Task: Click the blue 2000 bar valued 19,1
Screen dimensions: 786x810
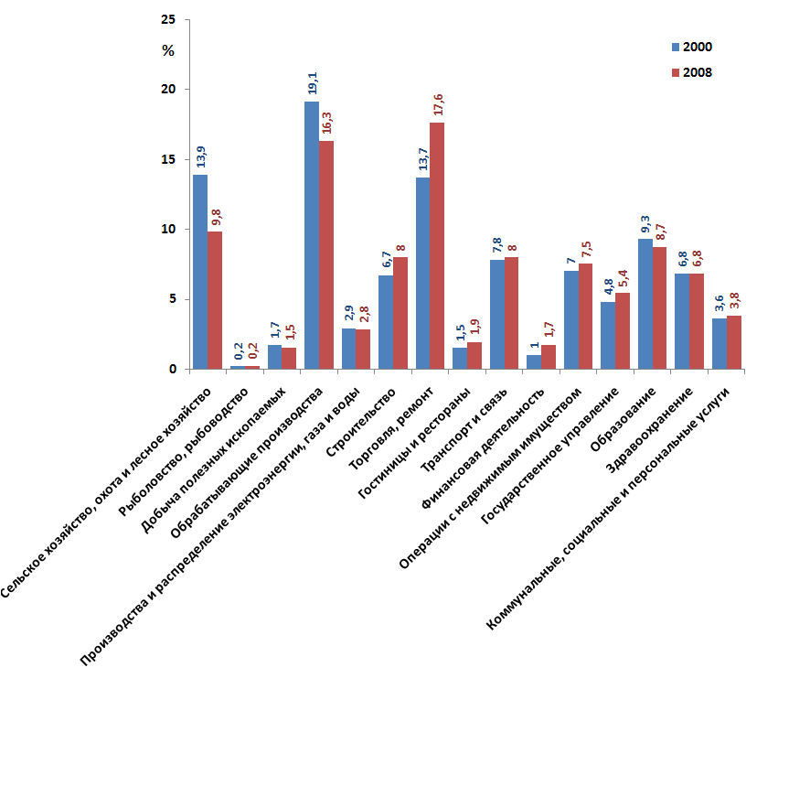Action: point(312,235)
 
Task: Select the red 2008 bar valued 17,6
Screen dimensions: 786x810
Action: point(437,246)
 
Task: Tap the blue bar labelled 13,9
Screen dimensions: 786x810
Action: point(200,272)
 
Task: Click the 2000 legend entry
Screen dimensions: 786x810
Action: point(691,47)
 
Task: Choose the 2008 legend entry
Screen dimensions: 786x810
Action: point(691,72)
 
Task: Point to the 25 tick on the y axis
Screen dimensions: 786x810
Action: point(168,19)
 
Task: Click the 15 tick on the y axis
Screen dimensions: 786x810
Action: point(168,159)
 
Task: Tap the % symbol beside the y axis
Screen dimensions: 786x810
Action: point(167,51)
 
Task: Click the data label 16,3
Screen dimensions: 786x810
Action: point(326,123)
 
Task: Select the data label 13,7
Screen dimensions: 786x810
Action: point(422,159)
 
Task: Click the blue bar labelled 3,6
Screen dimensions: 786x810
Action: point(719,344)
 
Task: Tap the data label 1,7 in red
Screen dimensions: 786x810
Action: point(549,329)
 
